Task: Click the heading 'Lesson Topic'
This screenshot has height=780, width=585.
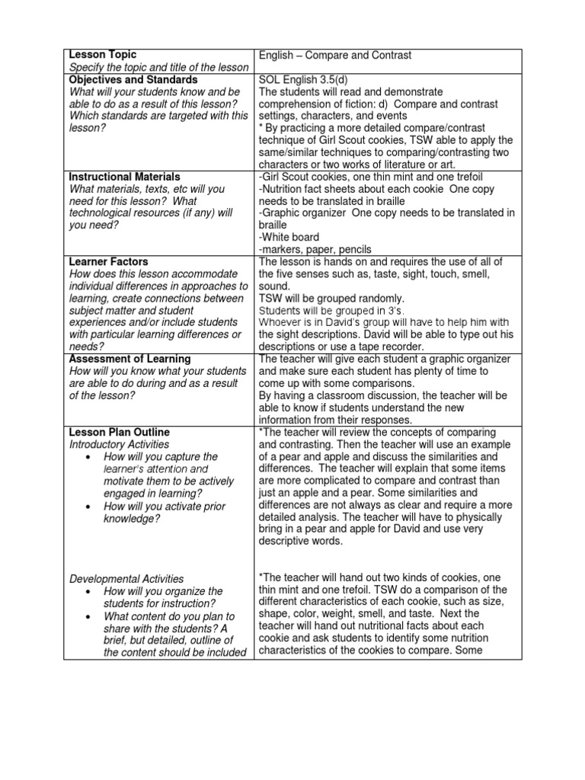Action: (103, 55)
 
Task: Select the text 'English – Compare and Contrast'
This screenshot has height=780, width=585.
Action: (335, 56)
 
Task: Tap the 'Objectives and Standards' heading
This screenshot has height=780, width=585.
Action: (133, 79)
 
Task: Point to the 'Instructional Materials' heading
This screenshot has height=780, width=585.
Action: (124, 176)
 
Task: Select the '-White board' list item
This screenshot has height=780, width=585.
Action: (289, 237)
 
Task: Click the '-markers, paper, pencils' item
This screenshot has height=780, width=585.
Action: (315, 249)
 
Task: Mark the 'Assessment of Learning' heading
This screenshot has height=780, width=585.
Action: (129, 359)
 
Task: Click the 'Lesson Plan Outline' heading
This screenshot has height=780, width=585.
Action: (119, 432)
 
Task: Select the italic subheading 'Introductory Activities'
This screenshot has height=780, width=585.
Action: (119, 444)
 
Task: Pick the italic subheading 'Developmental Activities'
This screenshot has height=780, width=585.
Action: (126, 579)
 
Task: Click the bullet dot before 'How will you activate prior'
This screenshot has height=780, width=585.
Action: (90, 507)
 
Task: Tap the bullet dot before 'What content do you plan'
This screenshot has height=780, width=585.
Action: (90, 615)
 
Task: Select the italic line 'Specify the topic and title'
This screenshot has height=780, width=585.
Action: (158, 67)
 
